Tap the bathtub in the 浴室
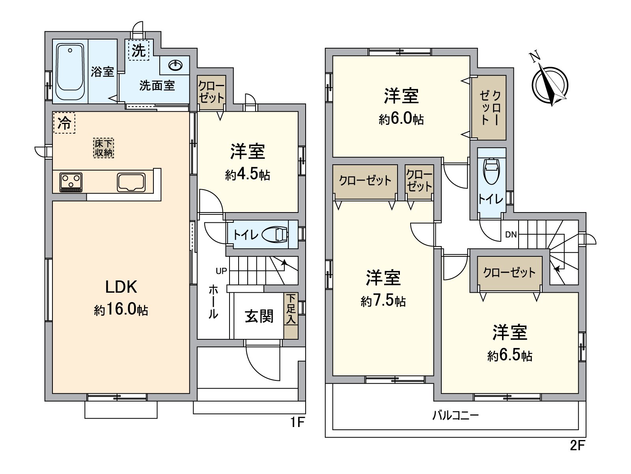coord(70,71)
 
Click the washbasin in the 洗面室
coord(175,65)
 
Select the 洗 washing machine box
coord(138,50)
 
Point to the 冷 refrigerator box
coord(64,123)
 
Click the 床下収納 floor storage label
coord(104,148)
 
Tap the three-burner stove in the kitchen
coord(71,182)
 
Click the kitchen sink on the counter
coord(131,182)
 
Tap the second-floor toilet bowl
coord(491,171)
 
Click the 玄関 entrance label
coord(259,316)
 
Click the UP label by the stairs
coord(221,271)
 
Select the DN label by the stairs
coord(511,235)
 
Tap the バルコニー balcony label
coord(456,415)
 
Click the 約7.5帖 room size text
coord(383,301)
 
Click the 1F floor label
coord(298,422)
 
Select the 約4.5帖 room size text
coord(248,175)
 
